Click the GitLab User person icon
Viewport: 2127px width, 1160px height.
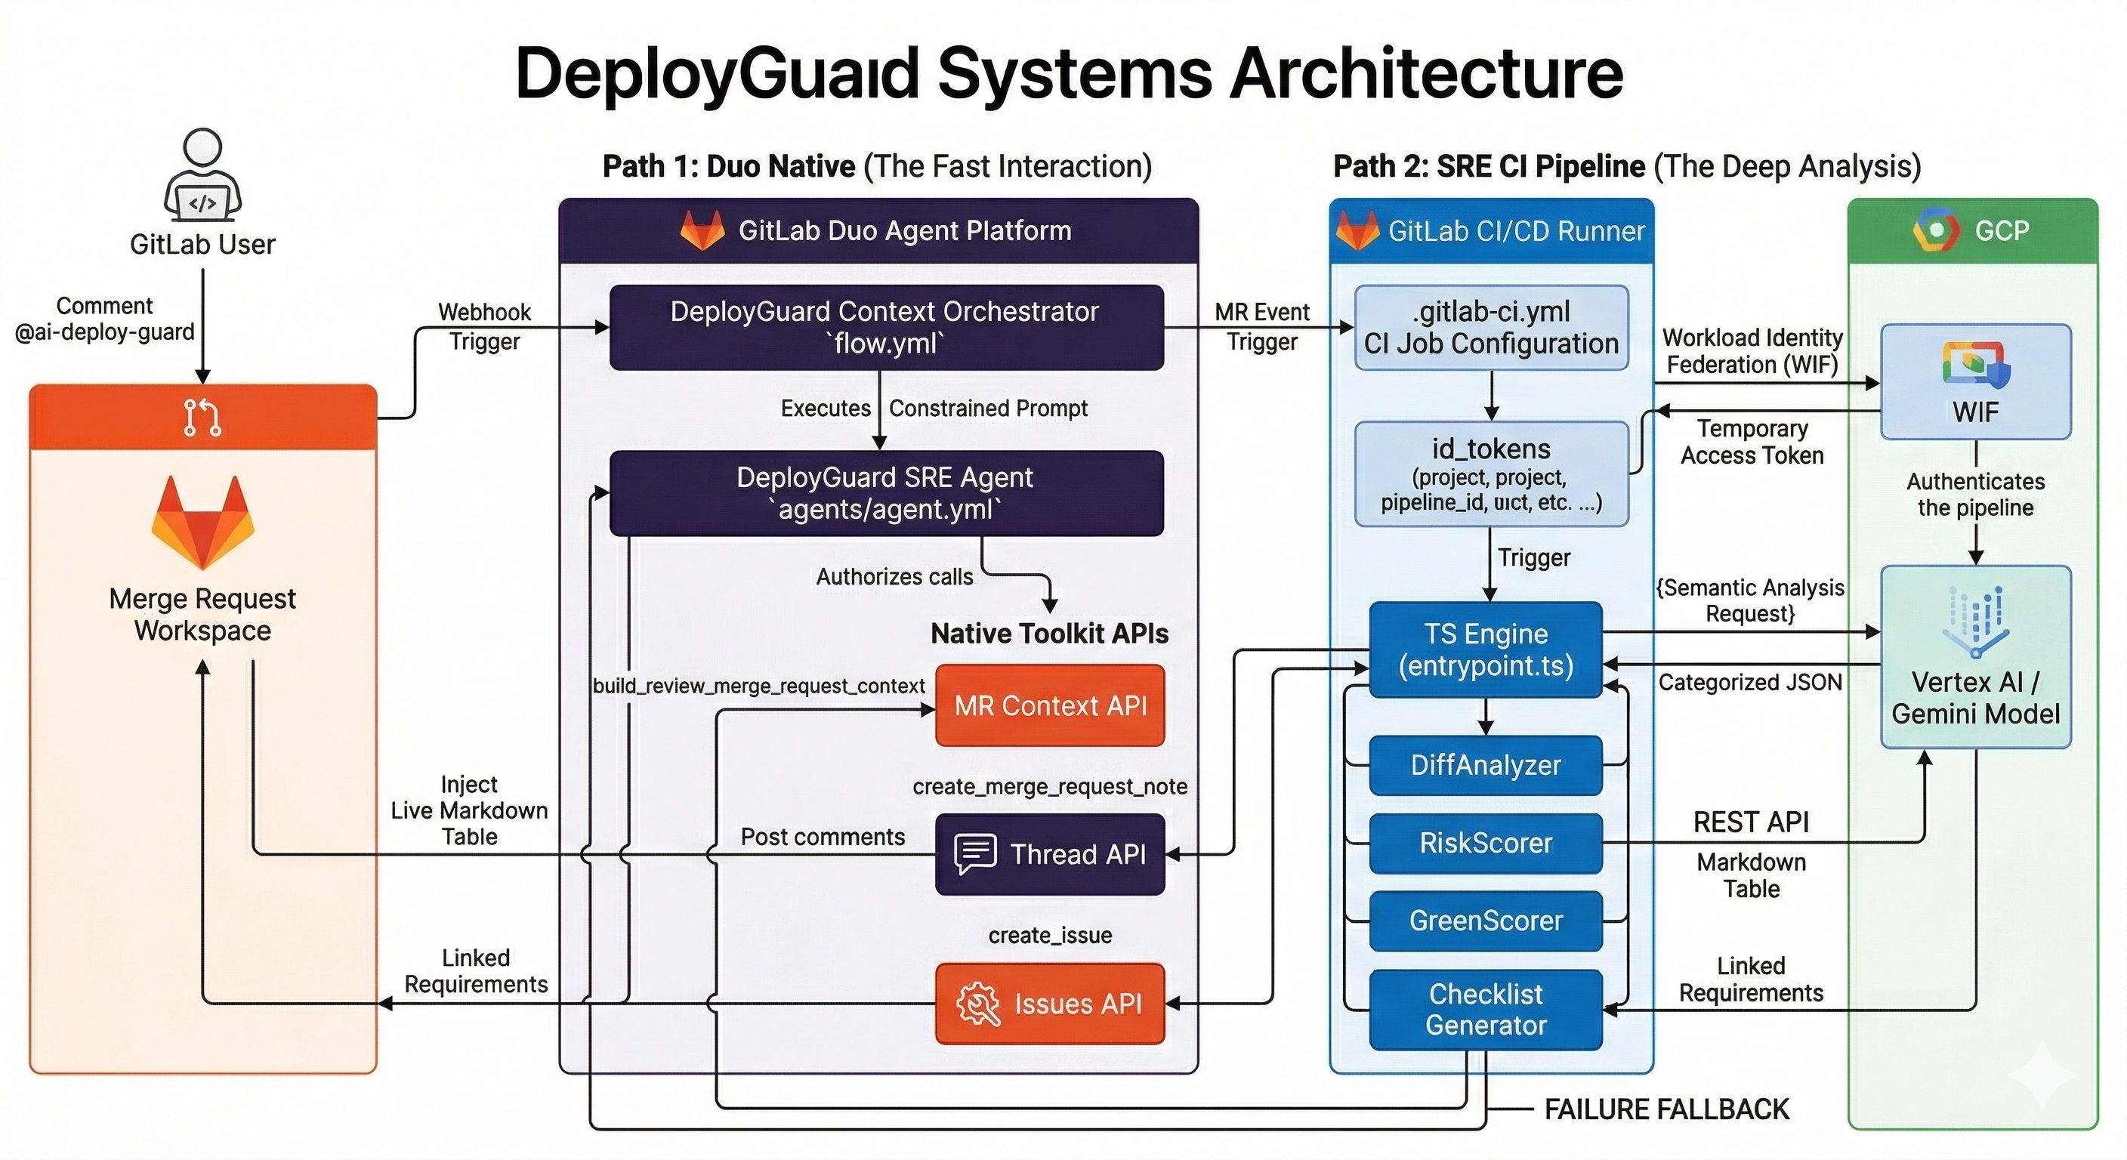pos(202,174)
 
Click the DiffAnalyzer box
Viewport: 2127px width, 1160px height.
pos(1486,765)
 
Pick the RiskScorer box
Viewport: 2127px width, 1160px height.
pos(1486,843)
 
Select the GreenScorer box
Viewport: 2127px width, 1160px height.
pos(1486,921)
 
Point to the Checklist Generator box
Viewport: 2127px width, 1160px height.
pos(1486,1010)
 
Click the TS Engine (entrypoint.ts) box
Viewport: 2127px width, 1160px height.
pos(1486,649)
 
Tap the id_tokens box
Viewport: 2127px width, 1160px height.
pos(1491,474)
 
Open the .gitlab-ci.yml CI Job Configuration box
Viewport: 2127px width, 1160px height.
pos(1491,328)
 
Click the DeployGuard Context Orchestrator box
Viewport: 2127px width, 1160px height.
pos(886,328)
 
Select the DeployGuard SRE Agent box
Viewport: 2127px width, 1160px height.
pos(886,493)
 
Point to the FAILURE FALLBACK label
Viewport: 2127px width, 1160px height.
pos(1666,1109)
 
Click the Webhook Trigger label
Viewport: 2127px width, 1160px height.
pos(485,327)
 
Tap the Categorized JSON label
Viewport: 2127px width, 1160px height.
pos(1749,683)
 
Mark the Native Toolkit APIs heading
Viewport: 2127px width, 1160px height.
pos(1049,634)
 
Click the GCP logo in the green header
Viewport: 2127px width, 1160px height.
pos(1935,230)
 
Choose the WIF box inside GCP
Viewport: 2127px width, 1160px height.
pos(1975,382)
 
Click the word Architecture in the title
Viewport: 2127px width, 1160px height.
pos(1426,73)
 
